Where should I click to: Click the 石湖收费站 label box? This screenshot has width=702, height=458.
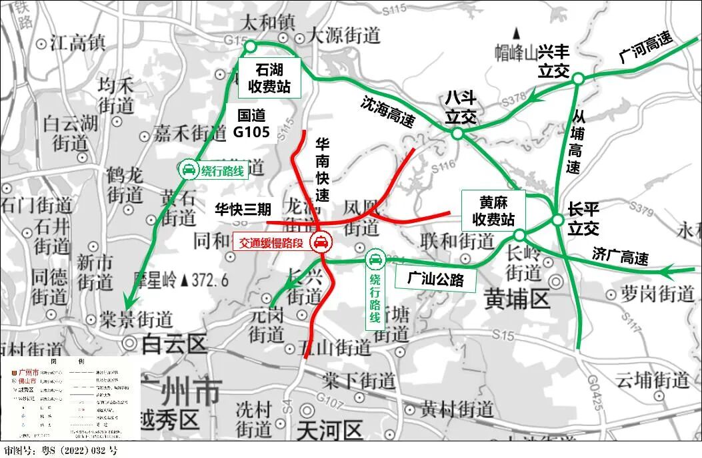click(x=269, y=79)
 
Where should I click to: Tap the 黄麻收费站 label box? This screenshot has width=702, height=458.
click(x=493, y=210)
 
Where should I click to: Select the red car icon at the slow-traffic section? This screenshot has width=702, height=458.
click(x=321, y=243)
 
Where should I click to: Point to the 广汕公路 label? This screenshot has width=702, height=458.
click(x=438, y=279)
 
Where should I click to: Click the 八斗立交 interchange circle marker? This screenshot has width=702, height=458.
click(x=457, y=134)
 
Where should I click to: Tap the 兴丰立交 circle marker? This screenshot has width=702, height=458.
click(x=578, y=79)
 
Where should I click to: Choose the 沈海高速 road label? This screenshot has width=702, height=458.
click(x=387, y=111)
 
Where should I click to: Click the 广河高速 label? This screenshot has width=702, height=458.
click(x=645, y=49)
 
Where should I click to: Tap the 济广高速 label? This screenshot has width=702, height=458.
click(x=620, y=255)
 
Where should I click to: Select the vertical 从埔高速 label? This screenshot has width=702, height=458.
click(x=574, y=142)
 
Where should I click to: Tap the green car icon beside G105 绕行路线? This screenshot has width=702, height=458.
click(x=189, y=170)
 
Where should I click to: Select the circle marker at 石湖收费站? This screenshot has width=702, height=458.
click(x=251, y=46)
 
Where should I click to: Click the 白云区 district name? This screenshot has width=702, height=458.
click(x=175, y=344)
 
